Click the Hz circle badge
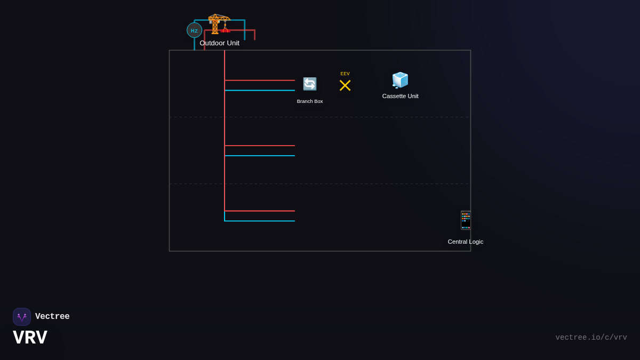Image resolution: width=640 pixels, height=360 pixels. pos(194,30)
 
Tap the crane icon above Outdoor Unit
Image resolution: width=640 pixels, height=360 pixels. pos(219,23)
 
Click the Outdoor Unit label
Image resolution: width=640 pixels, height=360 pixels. pos(219,43)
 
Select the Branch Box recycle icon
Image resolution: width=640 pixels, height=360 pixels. pos(310,84)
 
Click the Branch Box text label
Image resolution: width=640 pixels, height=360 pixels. pos(310,101)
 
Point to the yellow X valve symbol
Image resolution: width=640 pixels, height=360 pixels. pos(345,85)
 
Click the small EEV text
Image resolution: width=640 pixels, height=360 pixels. pos(345,74)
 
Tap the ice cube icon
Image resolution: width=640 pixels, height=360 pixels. pos(400,80)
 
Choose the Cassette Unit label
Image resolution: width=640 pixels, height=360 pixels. pos(400,96)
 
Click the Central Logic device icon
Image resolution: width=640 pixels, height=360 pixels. pos(465,220)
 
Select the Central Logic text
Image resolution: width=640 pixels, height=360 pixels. pos(465,242)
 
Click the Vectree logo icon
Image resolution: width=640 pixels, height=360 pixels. pos(22,317)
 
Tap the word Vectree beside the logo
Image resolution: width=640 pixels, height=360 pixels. pos(52,317)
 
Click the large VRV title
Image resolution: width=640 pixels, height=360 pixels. pos(30,338)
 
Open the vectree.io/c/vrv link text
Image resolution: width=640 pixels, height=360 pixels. pos(591,338)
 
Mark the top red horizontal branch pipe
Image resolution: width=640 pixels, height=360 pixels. pos(260,81)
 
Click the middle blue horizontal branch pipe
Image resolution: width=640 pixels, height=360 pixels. pos(260,156)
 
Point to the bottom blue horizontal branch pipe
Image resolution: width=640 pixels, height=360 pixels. pos(260,221)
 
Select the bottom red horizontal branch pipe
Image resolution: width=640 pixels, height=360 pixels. pos(260,211)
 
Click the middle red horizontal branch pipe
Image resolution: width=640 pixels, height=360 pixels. pos(260,146)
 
